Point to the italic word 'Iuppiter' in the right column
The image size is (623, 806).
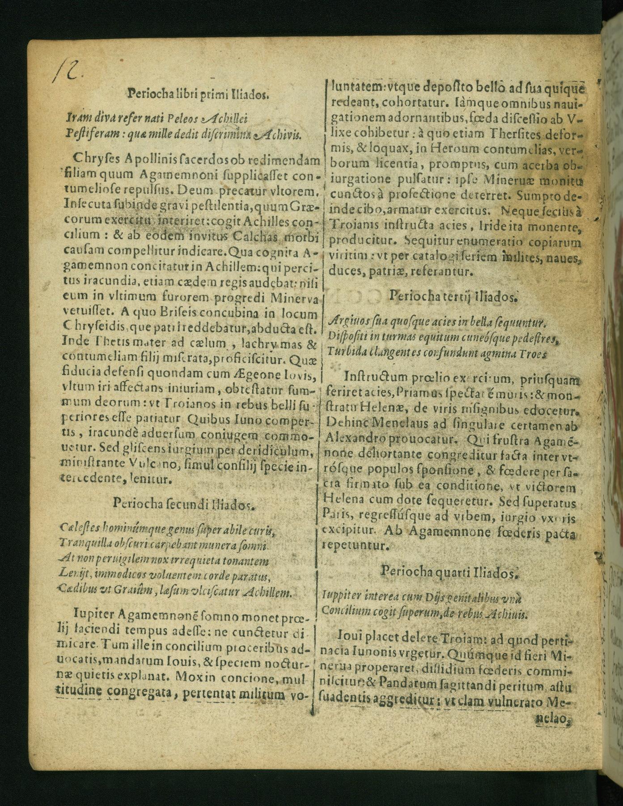point(341,598)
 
